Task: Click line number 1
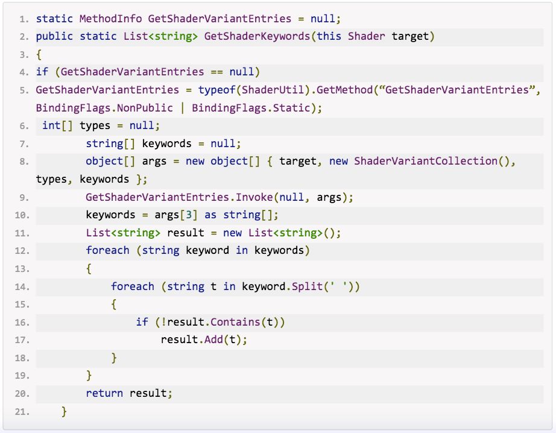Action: [x=23, y=19]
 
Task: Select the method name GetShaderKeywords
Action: [x=257, y=36]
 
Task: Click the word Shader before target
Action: [x=367, y=36]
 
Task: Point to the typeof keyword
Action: [x=216, y=90]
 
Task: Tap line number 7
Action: [x=23, y=144]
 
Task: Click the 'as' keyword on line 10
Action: [x=210, y=215]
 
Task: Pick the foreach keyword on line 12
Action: [x=107, y=250]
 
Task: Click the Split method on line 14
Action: [x=307, y=286]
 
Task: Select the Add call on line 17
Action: [x=213, y=340]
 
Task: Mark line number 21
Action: [x=22, y=412]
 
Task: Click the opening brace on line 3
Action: [x=39, y=54]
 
